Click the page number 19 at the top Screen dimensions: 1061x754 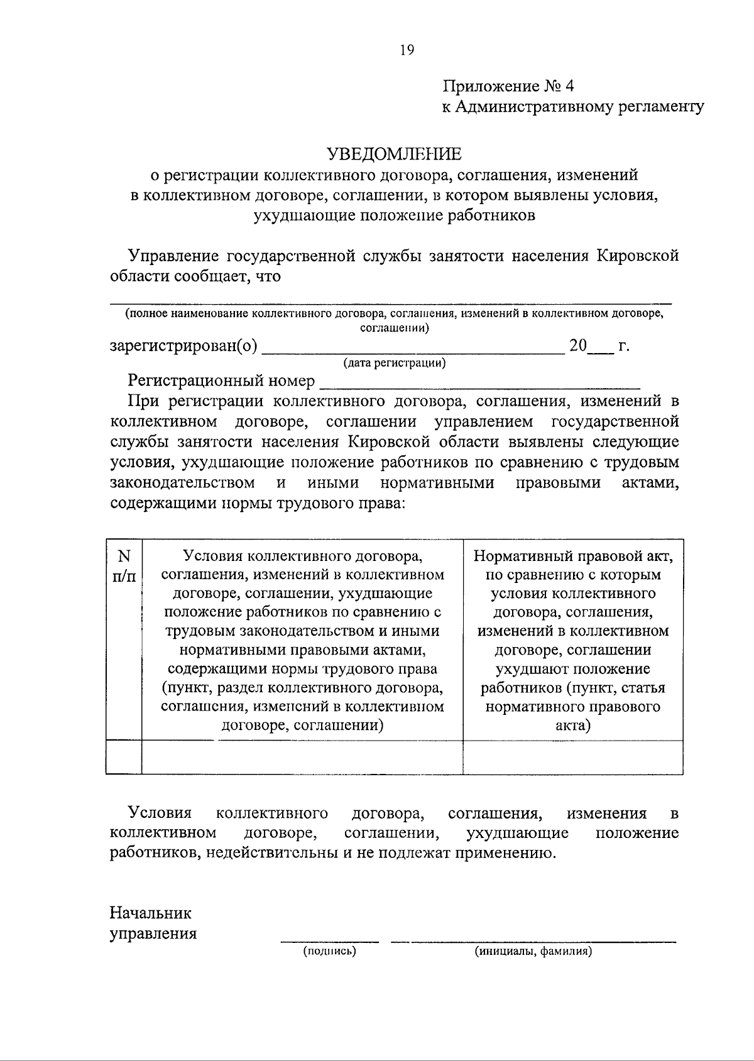point(407,50)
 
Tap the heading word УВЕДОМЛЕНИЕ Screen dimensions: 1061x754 point(394,154)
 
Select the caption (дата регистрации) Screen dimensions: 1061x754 point(394,362)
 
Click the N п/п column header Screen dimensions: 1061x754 point(124,565)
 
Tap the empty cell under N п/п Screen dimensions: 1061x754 point(124,757)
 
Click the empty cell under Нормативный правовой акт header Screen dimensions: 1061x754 point(573,757)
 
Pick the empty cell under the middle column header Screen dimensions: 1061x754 point(302,757)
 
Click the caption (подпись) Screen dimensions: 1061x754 point(329,952)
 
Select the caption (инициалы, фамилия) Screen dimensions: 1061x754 point(533,952)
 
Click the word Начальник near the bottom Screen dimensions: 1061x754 point(151,912)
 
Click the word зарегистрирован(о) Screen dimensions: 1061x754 point(183,346)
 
